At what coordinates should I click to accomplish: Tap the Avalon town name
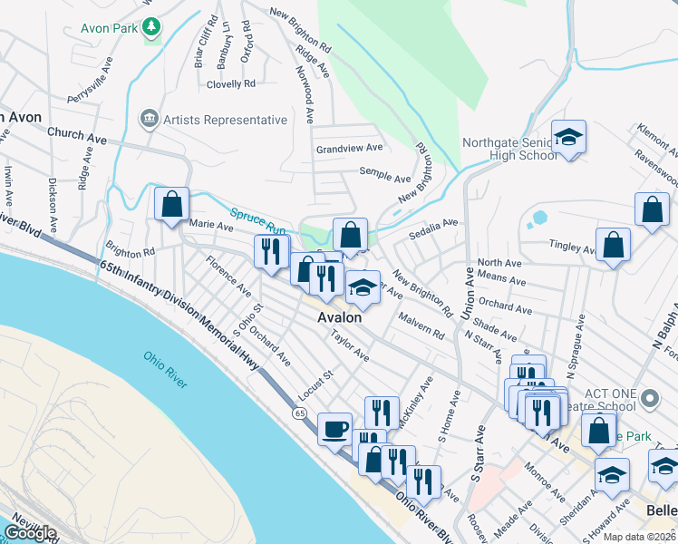[x=339, y=317]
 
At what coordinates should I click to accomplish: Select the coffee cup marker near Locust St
[x=334, y=428]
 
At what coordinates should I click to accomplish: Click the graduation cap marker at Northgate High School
[x=568, y=138]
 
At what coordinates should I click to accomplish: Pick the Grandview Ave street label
[x=349, y=148]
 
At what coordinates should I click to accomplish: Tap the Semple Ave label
[x=386, y=177]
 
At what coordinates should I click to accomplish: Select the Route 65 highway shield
[x=299, y=413]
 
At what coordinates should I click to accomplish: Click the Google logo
[x=30, y=532]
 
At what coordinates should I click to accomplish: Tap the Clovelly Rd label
[x=230, y=84]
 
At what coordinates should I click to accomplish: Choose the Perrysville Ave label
[x=89, y=82]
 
